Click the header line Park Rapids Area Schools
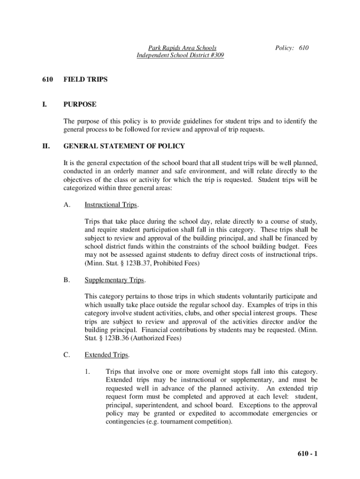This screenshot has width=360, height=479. (182, 48)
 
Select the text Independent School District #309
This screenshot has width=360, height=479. (180, 55)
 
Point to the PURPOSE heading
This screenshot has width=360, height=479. (80, 104)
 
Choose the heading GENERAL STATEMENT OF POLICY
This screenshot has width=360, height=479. (124, 146)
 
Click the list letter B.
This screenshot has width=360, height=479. (66, 280)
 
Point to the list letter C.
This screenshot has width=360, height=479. (66, 355)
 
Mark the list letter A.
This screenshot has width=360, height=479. (66, 205)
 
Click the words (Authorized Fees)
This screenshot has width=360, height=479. (157, 338)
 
